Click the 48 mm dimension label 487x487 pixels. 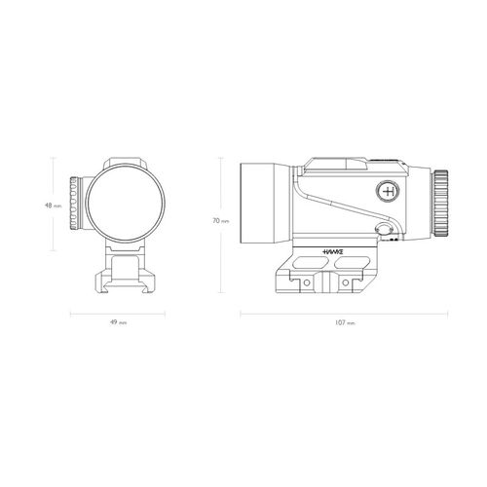tap(53, 206)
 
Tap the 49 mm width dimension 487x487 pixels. tap(118, 322)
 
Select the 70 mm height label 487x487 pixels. tap(221, 221)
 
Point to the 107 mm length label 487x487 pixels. tap(345, 322)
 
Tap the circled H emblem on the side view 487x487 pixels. tap(388, 192)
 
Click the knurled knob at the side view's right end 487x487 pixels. tap(440, 204)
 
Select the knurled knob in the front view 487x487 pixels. tap(74, 204)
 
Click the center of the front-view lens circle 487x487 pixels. tap(125, 204)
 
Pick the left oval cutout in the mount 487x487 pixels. tap(312, 262)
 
